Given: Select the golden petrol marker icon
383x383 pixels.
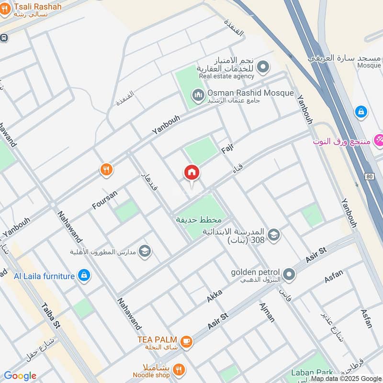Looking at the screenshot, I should (289, 274).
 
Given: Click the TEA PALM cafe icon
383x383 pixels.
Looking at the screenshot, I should (186, 342).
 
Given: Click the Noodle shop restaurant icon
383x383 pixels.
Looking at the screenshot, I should (179, 369).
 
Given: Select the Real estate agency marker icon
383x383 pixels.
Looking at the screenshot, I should (262, 68).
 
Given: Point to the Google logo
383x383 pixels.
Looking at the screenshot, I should (20, 376).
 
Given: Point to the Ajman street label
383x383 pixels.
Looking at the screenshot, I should (267, 312).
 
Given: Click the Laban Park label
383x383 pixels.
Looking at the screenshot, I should (312, 372).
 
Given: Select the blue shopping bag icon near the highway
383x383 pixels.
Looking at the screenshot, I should (361, 112).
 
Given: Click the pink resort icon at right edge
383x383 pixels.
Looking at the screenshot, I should (379, 140).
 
